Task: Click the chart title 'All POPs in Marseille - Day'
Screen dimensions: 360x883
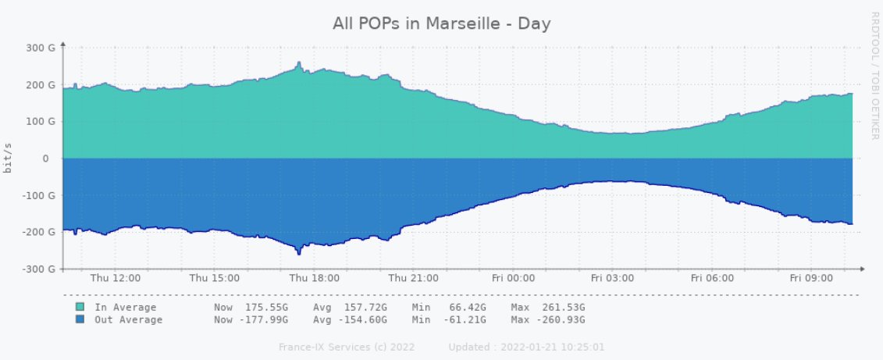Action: pos(442,24)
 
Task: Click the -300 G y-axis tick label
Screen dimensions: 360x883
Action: pos(41,269)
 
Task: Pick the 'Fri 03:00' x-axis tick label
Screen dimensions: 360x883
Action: pos(612,278)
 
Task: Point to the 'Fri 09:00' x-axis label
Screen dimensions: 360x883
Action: pos(810,278)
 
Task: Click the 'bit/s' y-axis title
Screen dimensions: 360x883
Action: pos(8,159)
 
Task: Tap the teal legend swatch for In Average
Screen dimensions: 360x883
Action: pos(80,307)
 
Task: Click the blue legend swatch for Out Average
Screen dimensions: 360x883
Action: pos(80,319)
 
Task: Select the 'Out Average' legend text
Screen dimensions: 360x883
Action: pos(129,319)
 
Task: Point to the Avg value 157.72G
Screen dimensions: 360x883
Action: pos(365,307)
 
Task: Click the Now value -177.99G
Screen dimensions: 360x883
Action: pos(262,319)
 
